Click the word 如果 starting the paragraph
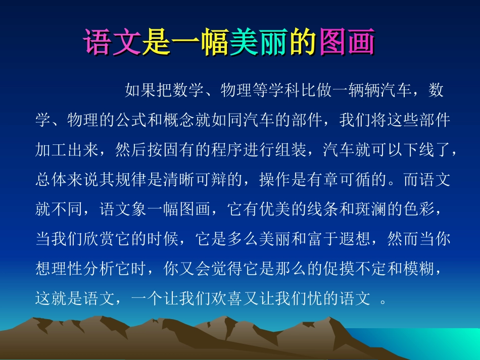pos(140,91)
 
